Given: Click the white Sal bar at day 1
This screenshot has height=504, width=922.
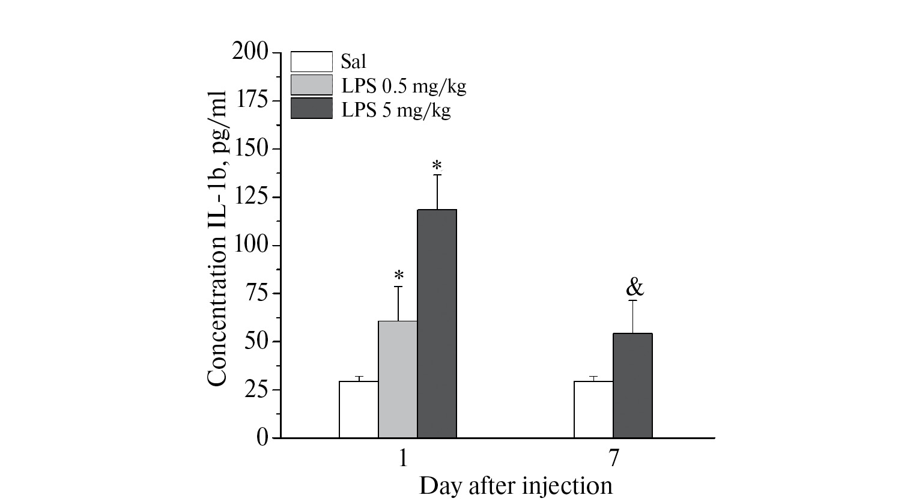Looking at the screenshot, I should [359, 409].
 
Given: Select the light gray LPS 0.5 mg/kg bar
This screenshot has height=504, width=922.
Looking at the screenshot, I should [398, 379].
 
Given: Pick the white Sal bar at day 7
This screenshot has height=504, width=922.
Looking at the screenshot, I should [593, 409].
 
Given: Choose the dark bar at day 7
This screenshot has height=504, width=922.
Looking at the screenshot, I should [632, 385].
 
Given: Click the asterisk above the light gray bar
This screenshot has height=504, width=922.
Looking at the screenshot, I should [399, 276].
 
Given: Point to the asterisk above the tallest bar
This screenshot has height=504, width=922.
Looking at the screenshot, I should [437, 165].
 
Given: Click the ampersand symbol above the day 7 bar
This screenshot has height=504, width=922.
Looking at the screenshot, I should [635, 288].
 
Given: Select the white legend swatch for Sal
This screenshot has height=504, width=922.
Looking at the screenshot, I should [311, 62].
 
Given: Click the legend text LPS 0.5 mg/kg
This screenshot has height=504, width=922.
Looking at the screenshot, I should [403, 87].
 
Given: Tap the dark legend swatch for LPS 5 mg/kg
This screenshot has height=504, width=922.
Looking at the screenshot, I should [311, 108].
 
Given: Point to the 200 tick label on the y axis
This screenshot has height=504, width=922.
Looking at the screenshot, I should [250, 53].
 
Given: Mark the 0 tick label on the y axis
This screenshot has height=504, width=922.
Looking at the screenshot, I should [262, 438].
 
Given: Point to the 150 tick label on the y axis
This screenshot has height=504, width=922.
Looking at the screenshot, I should [250, 149].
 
